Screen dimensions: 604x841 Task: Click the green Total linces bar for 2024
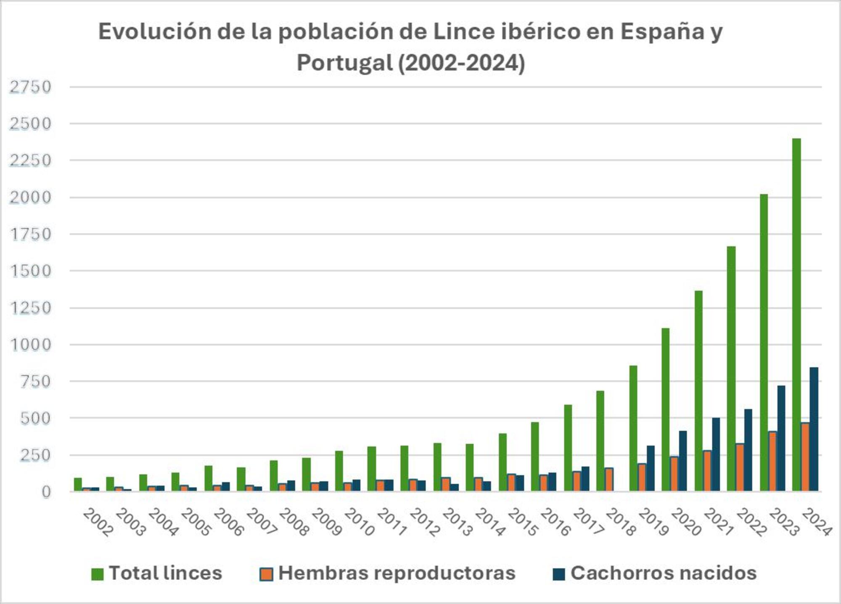click(796, 315)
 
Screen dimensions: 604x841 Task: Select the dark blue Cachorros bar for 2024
click(814, 429)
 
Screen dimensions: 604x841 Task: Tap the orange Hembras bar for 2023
click(772, 461)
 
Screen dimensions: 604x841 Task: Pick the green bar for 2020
click(665, 410)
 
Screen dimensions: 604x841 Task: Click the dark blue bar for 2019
click(651, 468)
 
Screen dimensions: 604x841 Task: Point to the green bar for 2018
click(600, 441)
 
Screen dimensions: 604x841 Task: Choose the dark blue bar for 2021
click(716, 454)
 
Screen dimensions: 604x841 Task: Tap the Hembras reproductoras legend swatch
click(266, 574)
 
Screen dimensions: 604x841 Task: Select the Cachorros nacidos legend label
click(663, 573)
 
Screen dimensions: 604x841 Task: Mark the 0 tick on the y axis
click(46, 492)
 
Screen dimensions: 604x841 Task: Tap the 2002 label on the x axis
click(98, 522)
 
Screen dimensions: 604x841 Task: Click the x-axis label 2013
click(457, 522)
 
